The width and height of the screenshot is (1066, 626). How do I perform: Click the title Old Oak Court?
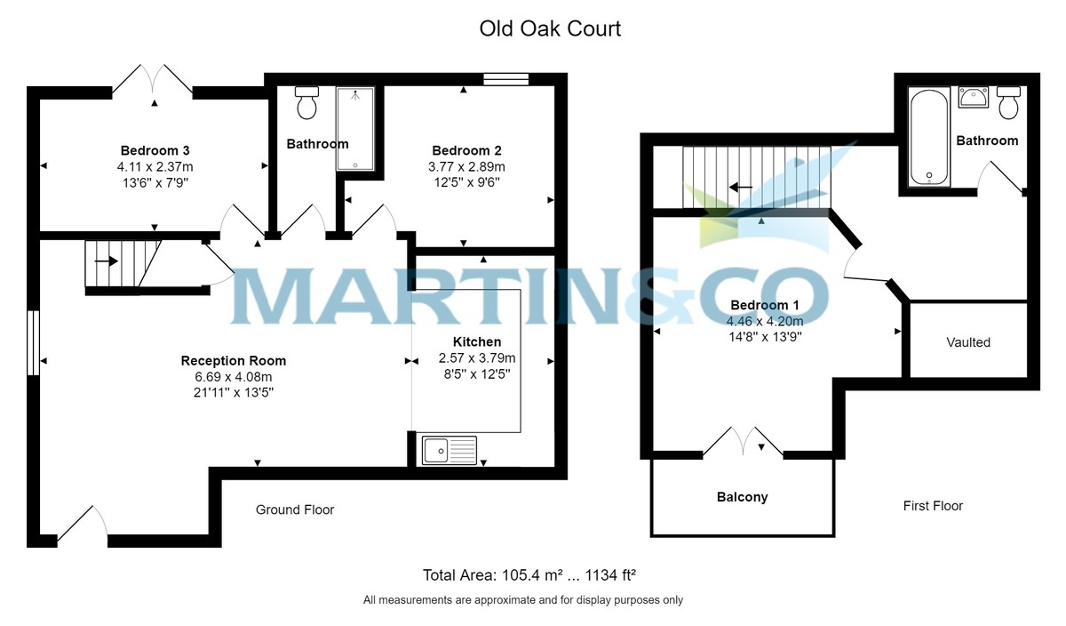click(x=550, y=28)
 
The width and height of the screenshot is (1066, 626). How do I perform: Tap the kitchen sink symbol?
click(x=449, y=451)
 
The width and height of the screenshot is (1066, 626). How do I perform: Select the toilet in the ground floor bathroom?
click(x=307, y=102)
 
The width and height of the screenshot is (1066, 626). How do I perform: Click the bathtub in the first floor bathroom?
click(x=929, y=137)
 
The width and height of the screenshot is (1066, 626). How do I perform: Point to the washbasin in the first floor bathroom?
click(x=974, y=97)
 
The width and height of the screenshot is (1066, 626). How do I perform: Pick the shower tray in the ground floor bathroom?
click(x=355, y=129)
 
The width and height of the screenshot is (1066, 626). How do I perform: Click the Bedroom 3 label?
click(x=155, y=150)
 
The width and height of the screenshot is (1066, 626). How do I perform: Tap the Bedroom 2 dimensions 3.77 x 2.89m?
click(x=466, y=167)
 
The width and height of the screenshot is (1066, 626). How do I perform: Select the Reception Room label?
click(x=233, y=361)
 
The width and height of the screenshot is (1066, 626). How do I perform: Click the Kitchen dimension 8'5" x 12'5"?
click(x=477, y=374)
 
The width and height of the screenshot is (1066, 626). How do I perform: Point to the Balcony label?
click(x=743, y=497)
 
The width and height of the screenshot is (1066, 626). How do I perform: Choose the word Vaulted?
click(x=968, y=342)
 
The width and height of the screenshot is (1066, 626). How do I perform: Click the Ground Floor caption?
click(x=295, y=510)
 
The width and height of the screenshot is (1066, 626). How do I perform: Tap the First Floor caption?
click(x=933, y=505)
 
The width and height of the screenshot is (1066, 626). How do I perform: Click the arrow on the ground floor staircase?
click(x=107, y=261)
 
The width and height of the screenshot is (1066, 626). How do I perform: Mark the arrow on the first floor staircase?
click(x=741, y=188)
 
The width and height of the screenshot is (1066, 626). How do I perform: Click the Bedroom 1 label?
click(x=765, y=305)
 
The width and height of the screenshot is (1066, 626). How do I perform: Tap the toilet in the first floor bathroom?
click(x=1008, y=102)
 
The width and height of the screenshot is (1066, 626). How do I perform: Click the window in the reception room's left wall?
click(x=33, y=342)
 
